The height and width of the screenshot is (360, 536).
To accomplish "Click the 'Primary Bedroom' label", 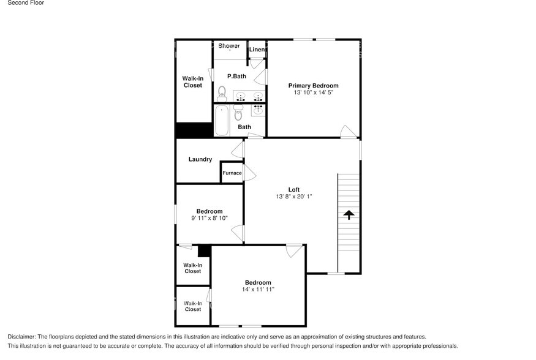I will click(313, 86).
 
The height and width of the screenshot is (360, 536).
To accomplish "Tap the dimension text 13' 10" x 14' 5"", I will click(313, 93).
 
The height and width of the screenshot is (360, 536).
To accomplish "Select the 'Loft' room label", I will click(294, 189).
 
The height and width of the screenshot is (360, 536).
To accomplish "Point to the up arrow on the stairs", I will click(349, 215).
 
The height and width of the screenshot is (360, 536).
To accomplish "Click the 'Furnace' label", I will click(232, 173).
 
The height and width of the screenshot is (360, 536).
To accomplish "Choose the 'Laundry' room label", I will click(200, 160).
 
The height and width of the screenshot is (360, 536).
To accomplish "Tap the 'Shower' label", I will click(229, 46).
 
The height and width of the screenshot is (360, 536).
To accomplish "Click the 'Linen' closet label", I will click(257, 50).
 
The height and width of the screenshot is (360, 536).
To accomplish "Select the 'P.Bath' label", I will click(236, 77).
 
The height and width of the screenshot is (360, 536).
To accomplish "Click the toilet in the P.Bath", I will click(222, 94).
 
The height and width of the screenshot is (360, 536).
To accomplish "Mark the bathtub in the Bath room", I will click(222, 121).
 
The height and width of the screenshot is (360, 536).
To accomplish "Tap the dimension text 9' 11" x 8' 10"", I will click(209, 218).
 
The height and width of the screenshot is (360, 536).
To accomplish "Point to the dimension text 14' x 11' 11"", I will click(258, 290).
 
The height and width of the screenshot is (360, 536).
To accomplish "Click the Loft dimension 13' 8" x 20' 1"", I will click(294, 197).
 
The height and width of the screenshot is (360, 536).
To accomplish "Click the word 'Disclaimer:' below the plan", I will click(21, 337).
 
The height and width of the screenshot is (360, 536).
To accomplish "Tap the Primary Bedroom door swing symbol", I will click(348, 131).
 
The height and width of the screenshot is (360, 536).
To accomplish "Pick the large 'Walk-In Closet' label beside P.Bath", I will click(193, 82).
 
